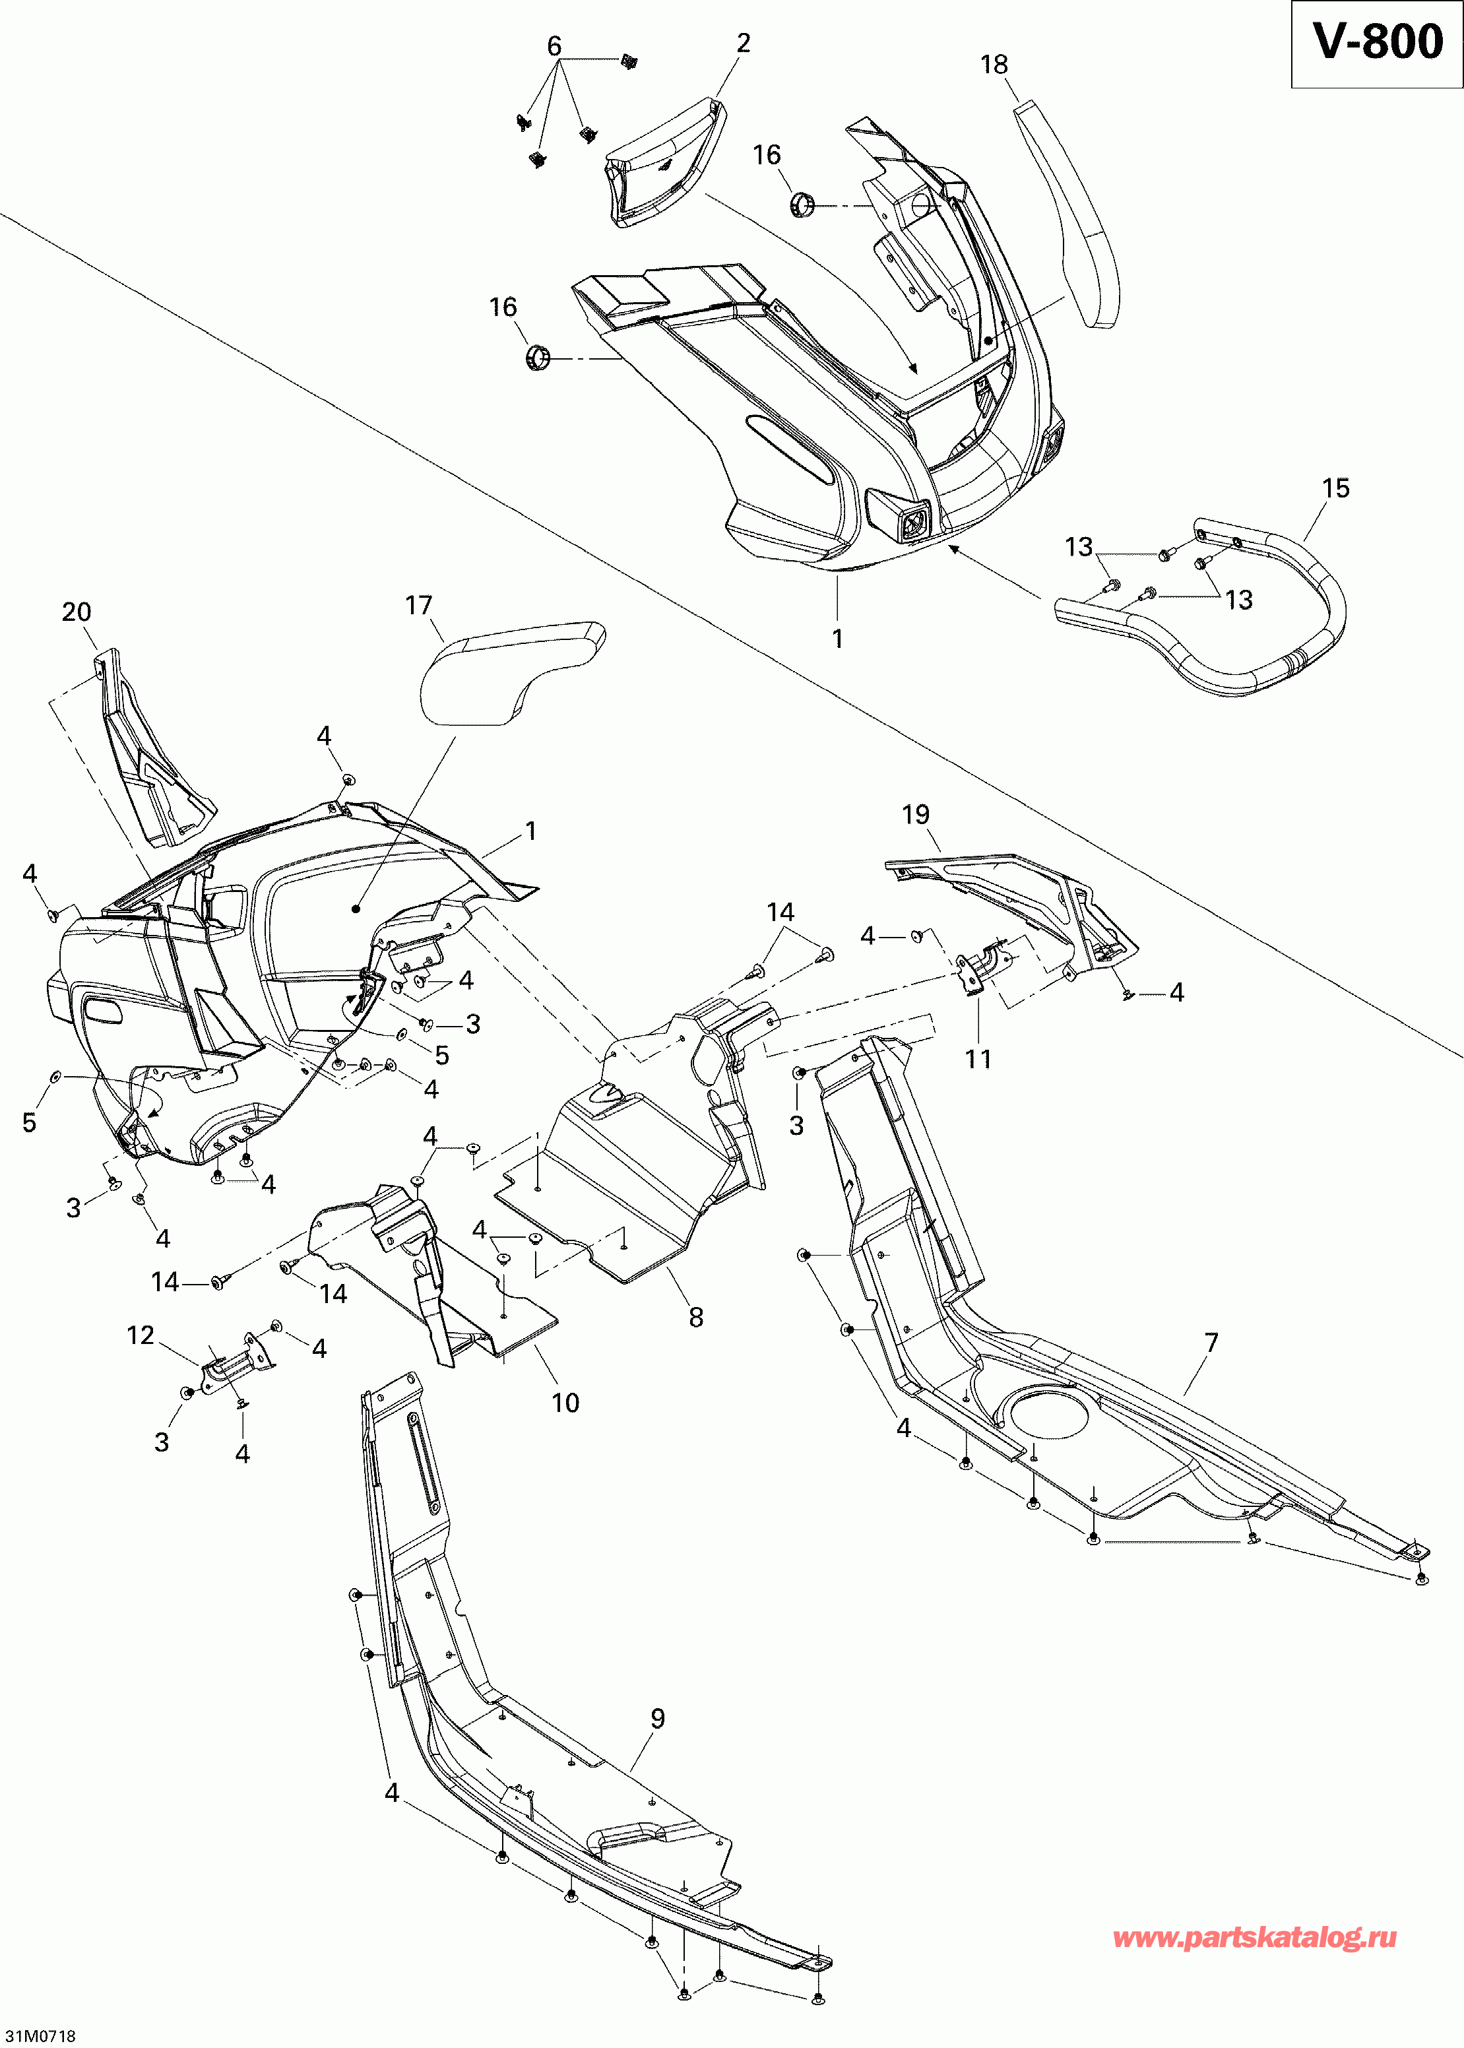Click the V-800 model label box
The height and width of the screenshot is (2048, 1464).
(1376, 44)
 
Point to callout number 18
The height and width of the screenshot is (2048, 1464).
(994, 65)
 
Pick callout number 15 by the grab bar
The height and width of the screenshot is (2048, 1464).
(1335, 488)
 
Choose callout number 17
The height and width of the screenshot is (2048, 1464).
(418, 605)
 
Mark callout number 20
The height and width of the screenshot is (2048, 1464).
(77, 612)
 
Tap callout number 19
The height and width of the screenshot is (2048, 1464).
(915, 815)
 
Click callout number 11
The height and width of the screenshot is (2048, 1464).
(978, 1059)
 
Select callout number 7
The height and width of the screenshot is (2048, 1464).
(1211, 1343)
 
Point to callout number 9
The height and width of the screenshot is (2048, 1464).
(657, 1719)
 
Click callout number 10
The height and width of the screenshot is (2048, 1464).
(565, 1403)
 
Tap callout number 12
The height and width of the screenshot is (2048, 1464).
(141, 1335)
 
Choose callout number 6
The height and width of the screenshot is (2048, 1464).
(554, 46)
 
